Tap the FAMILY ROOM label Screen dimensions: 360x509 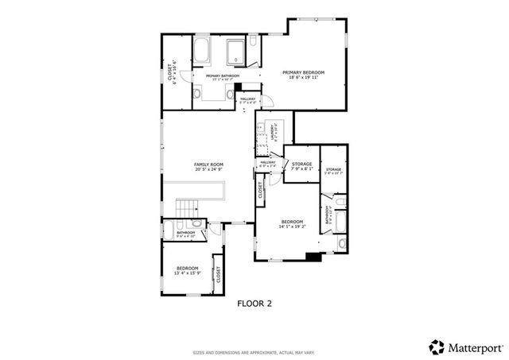(208, 165)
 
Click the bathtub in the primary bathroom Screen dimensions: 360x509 (200, 52)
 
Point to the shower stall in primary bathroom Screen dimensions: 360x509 (237, 52)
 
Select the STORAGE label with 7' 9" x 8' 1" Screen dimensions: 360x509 (302, 165)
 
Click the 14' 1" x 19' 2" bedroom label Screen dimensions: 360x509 (291, 222)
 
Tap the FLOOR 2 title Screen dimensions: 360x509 (254, 303)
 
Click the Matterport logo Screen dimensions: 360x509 (465, 346)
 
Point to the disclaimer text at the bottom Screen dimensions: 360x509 (254, 351)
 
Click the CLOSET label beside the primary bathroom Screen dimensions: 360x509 (171, 74)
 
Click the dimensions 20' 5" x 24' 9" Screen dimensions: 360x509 (208, 170)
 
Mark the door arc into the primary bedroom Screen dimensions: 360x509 (268, 102)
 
